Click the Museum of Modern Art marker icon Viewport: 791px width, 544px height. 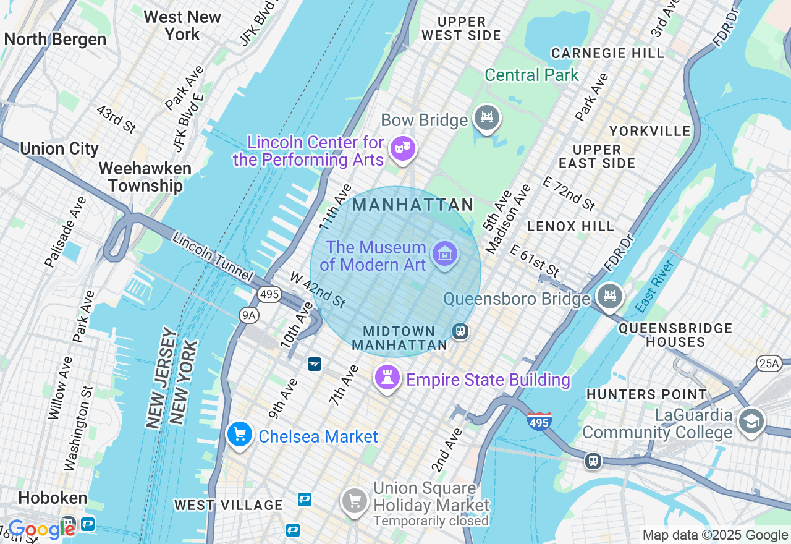point(445,253)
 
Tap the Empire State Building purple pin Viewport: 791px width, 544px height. point(387,377)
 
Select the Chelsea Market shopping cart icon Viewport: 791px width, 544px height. point(240,435)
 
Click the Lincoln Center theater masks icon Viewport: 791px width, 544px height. point(403,149)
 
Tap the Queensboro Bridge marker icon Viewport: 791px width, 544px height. point(609,296)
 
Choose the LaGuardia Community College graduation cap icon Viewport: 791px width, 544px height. point(751,422)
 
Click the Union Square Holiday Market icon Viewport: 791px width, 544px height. point(355,501)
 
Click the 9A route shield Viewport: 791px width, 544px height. point(249,315)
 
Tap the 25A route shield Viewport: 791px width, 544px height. point(769,363)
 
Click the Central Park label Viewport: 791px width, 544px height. point(531,75)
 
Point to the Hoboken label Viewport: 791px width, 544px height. point(53,498)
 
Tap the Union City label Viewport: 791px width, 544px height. point(59,149)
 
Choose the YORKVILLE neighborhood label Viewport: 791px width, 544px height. point(649,131)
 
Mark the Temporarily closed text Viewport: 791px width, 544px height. point(431,521)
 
